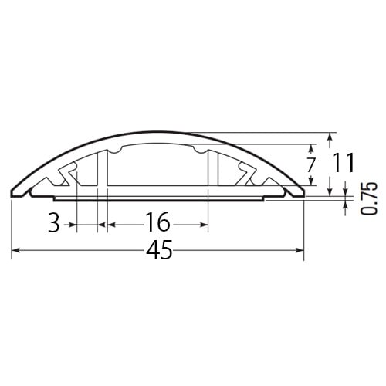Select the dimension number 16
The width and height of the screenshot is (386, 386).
(157, 224)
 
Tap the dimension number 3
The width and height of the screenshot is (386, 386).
(53, 224)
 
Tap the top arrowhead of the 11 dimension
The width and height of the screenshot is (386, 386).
(330, 136)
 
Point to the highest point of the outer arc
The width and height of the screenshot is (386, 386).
(158, 132)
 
